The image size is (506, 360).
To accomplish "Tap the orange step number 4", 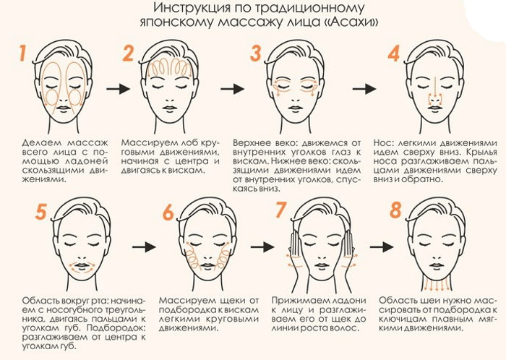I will [x=394, y=54].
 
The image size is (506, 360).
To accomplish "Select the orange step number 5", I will [x=40, y=212].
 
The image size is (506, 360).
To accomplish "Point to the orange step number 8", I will [x=395, y=212].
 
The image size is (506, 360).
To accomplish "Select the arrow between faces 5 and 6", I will [x=145, y=247].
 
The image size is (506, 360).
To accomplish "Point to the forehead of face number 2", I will [x=171, y=67].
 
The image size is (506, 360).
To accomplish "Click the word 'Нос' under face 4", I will [x=382, y=143].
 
